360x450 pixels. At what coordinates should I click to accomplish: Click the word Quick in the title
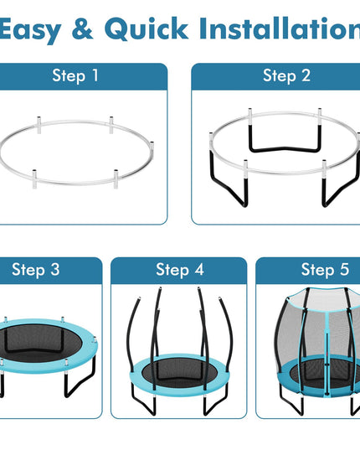click(147, 28)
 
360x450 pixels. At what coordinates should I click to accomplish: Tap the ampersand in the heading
click(83, 28)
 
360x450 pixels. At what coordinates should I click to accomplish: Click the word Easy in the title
click(30, 30)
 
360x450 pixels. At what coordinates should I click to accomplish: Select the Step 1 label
click(75, 76)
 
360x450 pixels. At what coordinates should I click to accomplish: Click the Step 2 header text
click(286, 76)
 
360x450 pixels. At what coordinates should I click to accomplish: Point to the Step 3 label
click(36, 270)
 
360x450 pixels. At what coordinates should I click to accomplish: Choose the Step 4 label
click(180, 270)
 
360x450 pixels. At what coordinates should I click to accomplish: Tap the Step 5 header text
click(325, 270)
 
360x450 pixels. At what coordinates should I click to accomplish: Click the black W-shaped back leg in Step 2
click(284, 149)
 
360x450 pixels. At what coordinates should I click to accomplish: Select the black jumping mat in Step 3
click(40, 340)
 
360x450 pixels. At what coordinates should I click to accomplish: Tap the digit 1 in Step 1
click(95, 75)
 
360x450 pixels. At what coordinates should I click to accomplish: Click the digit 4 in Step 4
click(199, 270)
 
